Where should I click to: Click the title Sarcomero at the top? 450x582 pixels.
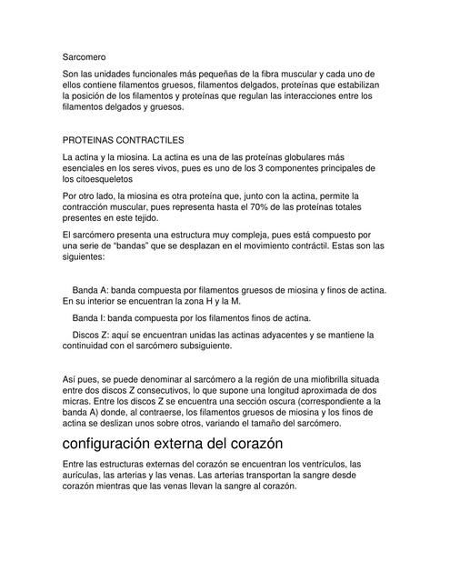pos(85,56)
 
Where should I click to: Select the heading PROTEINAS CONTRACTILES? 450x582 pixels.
pos(123,141)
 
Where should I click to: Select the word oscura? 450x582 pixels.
pos(280,401)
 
